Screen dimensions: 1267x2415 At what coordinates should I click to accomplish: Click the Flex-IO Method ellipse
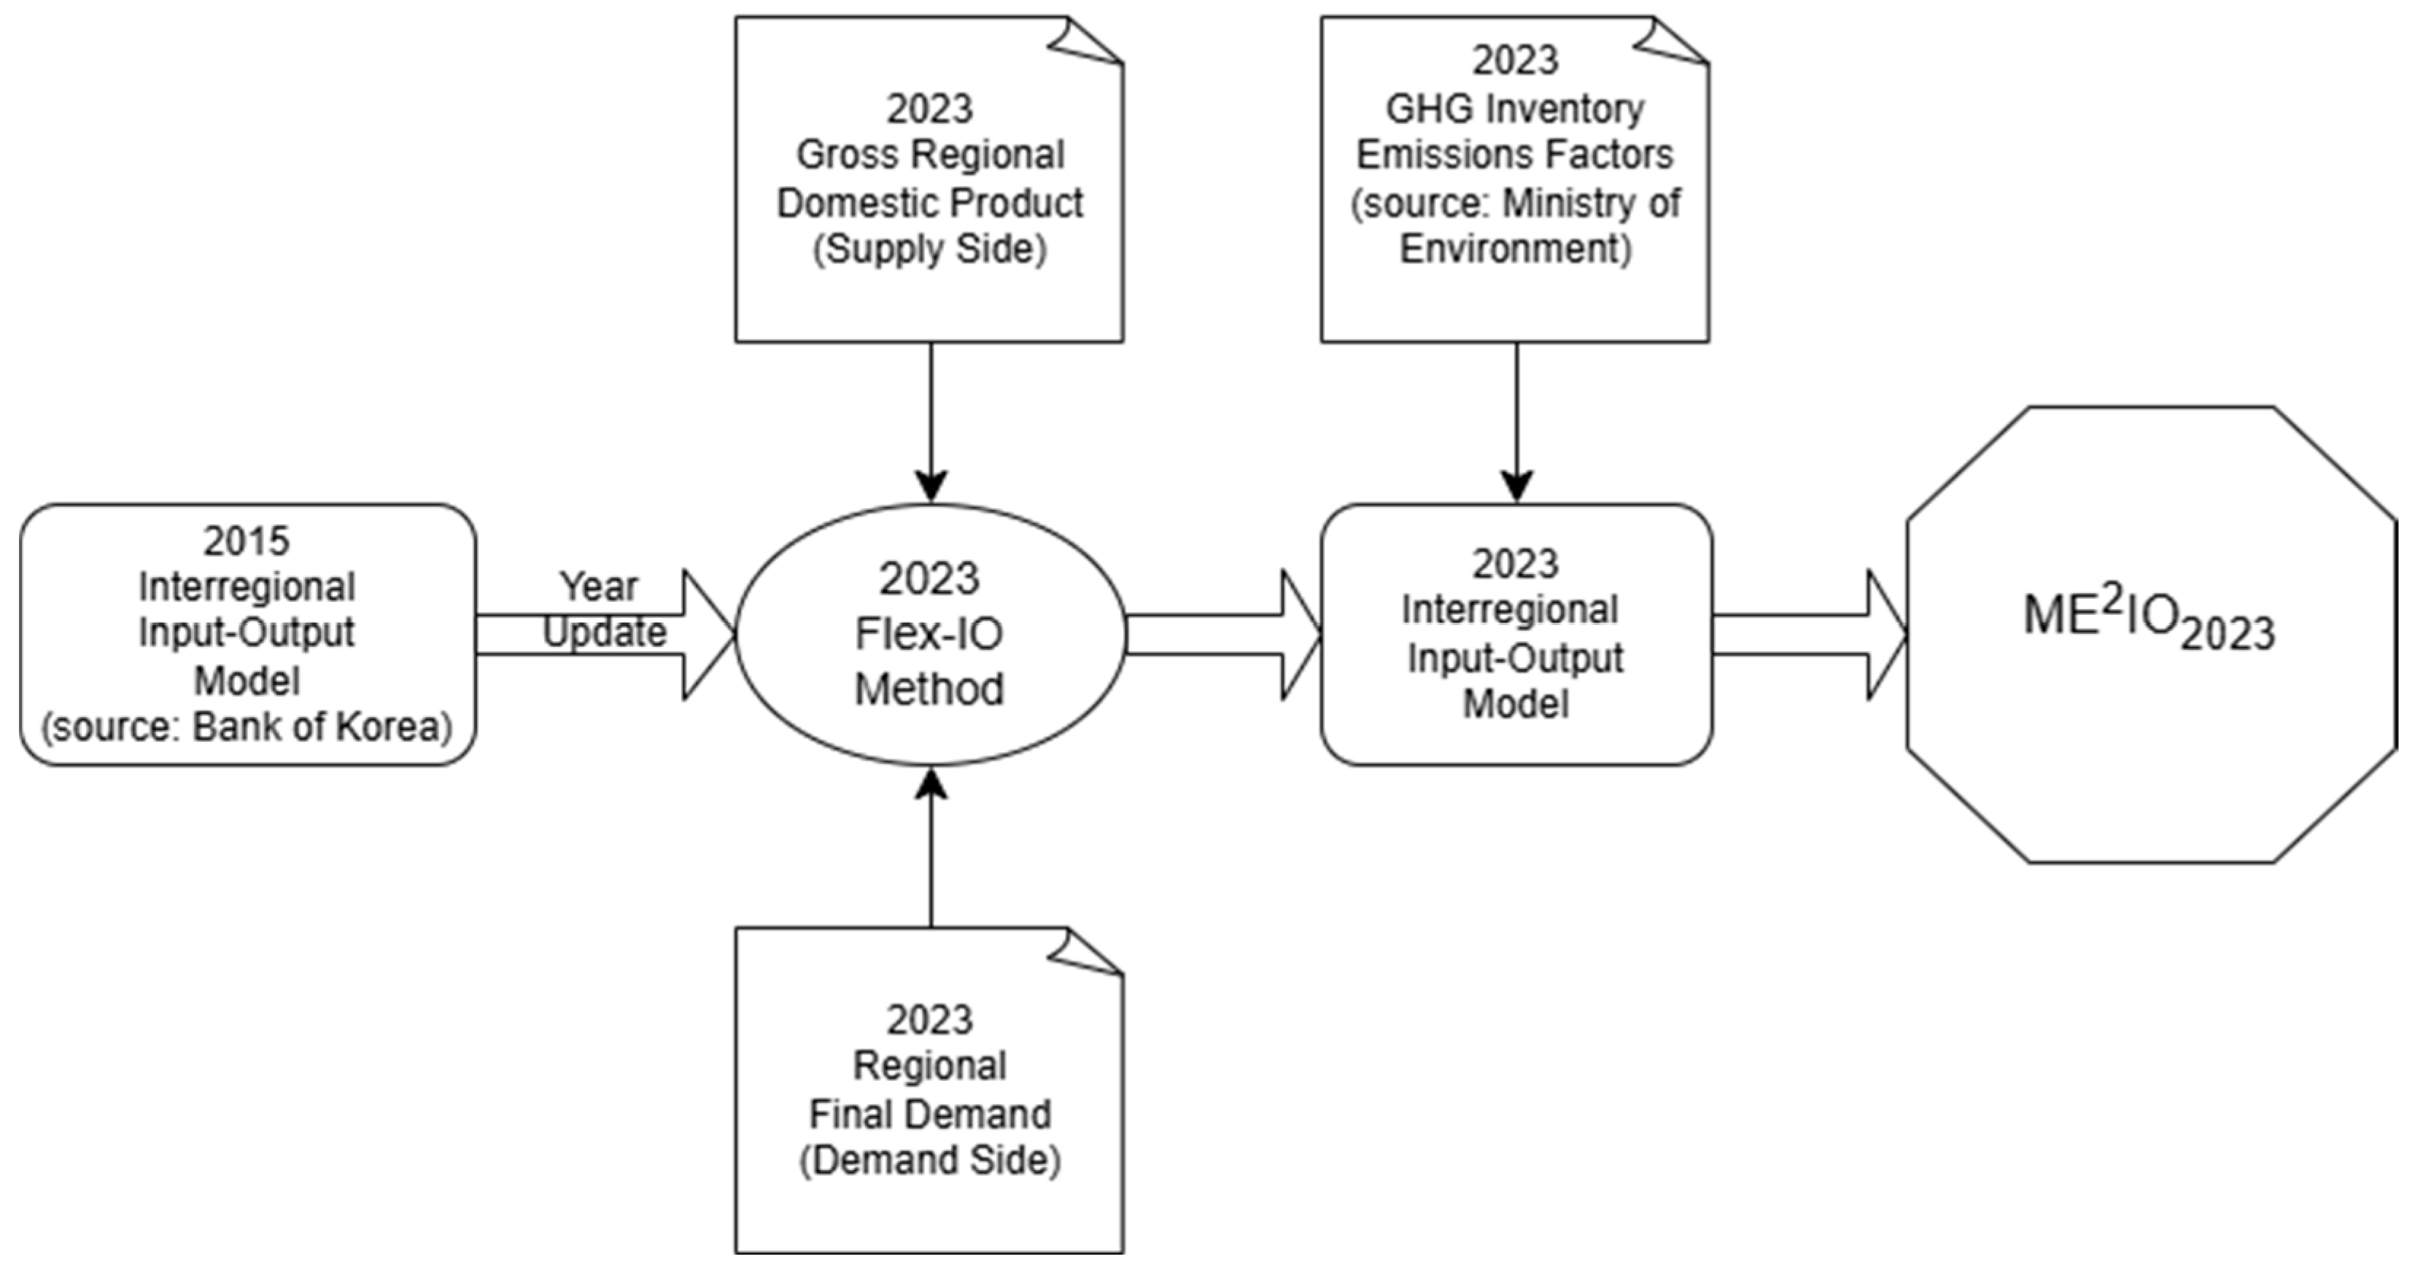point(929,634)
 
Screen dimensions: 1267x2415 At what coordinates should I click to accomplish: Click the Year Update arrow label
point(601,610)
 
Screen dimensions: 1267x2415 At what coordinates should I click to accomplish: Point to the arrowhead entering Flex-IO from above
point(931,486)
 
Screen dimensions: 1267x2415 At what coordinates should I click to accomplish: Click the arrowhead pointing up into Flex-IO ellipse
point(931,784)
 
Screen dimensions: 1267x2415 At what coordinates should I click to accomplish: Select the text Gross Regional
point(930,155)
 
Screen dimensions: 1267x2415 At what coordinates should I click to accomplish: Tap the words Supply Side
point(930,249)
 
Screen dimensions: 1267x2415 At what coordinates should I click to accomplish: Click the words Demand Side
point(930,1160)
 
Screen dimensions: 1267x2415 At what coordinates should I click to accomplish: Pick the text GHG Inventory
point(1515,109)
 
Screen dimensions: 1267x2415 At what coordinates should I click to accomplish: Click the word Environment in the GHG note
point(1515,249)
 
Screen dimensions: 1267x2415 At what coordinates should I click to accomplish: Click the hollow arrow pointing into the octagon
point(1810,635)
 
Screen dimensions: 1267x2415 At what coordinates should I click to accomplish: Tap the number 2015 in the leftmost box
point(247,541)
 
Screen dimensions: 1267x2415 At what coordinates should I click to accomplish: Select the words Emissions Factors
point(1515,155)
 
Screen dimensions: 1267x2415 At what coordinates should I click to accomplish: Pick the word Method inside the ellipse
point(929,690)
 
